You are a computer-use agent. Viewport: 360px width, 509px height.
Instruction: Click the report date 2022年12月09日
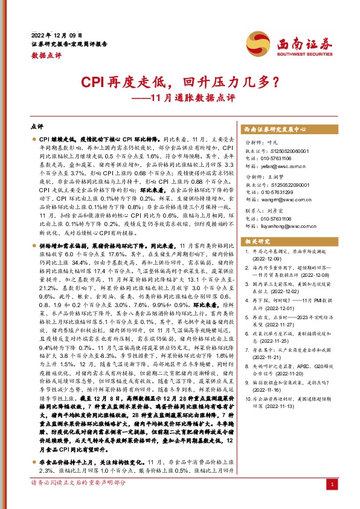(56, 34)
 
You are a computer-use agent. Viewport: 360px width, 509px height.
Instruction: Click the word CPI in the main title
(94, 81)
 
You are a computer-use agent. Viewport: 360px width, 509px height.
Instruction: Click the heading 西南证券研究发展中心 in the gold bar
(275, 129)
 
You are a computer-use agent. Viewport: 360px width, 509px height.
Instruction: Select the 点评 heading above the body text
(36, 128)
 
